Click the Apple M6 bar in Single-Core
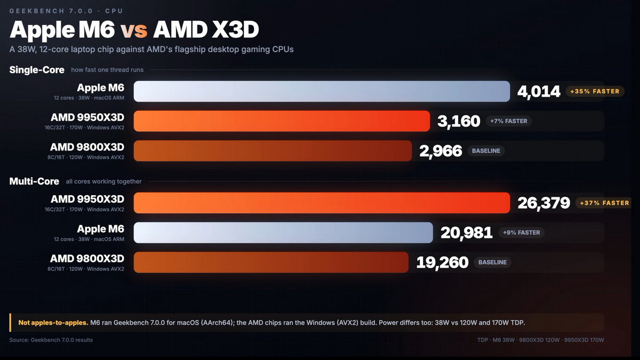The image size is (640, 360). tap(322, 91)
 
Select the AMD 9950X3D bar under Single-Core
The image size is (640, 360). tap(282, 121)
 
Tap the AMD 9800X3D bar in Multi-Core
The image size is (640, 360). tap(271, 262)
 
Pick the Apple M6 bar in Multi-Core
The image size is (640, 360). tap(283, 233)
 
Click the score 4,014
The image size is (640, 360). tap(539, 92)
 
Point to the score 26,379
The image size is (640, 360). tap(543, 203)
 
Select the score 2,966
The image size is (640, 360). tap(441, 151)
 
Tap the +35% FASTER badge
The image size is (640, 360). tap(595, 91)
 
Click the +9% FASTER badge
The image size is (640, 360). tap(522, 233)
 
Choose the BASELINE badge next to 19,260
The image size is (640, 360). tap(493, 262)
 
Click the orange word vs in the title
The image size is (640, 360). tap(134, 30)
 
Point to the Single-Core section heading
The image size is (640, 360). tap(37, 70)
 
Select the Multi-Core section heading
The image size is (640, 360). tap(34, 181)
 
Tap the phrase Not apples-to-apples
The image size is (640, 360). tap(53, 323)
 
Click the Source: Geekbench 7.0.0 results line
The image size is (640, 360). tap(51, 340)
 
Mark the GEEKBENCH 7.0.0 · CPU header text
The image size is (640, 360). tap(66, 11)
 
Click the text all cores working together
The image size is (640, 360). tap(103, 181)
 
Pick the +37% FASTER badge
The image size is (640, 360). tap(603, 203)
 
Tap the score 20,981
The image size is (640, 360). tap(466, 233)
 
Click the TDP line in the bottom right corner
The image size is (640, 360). tap(541, 340)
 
